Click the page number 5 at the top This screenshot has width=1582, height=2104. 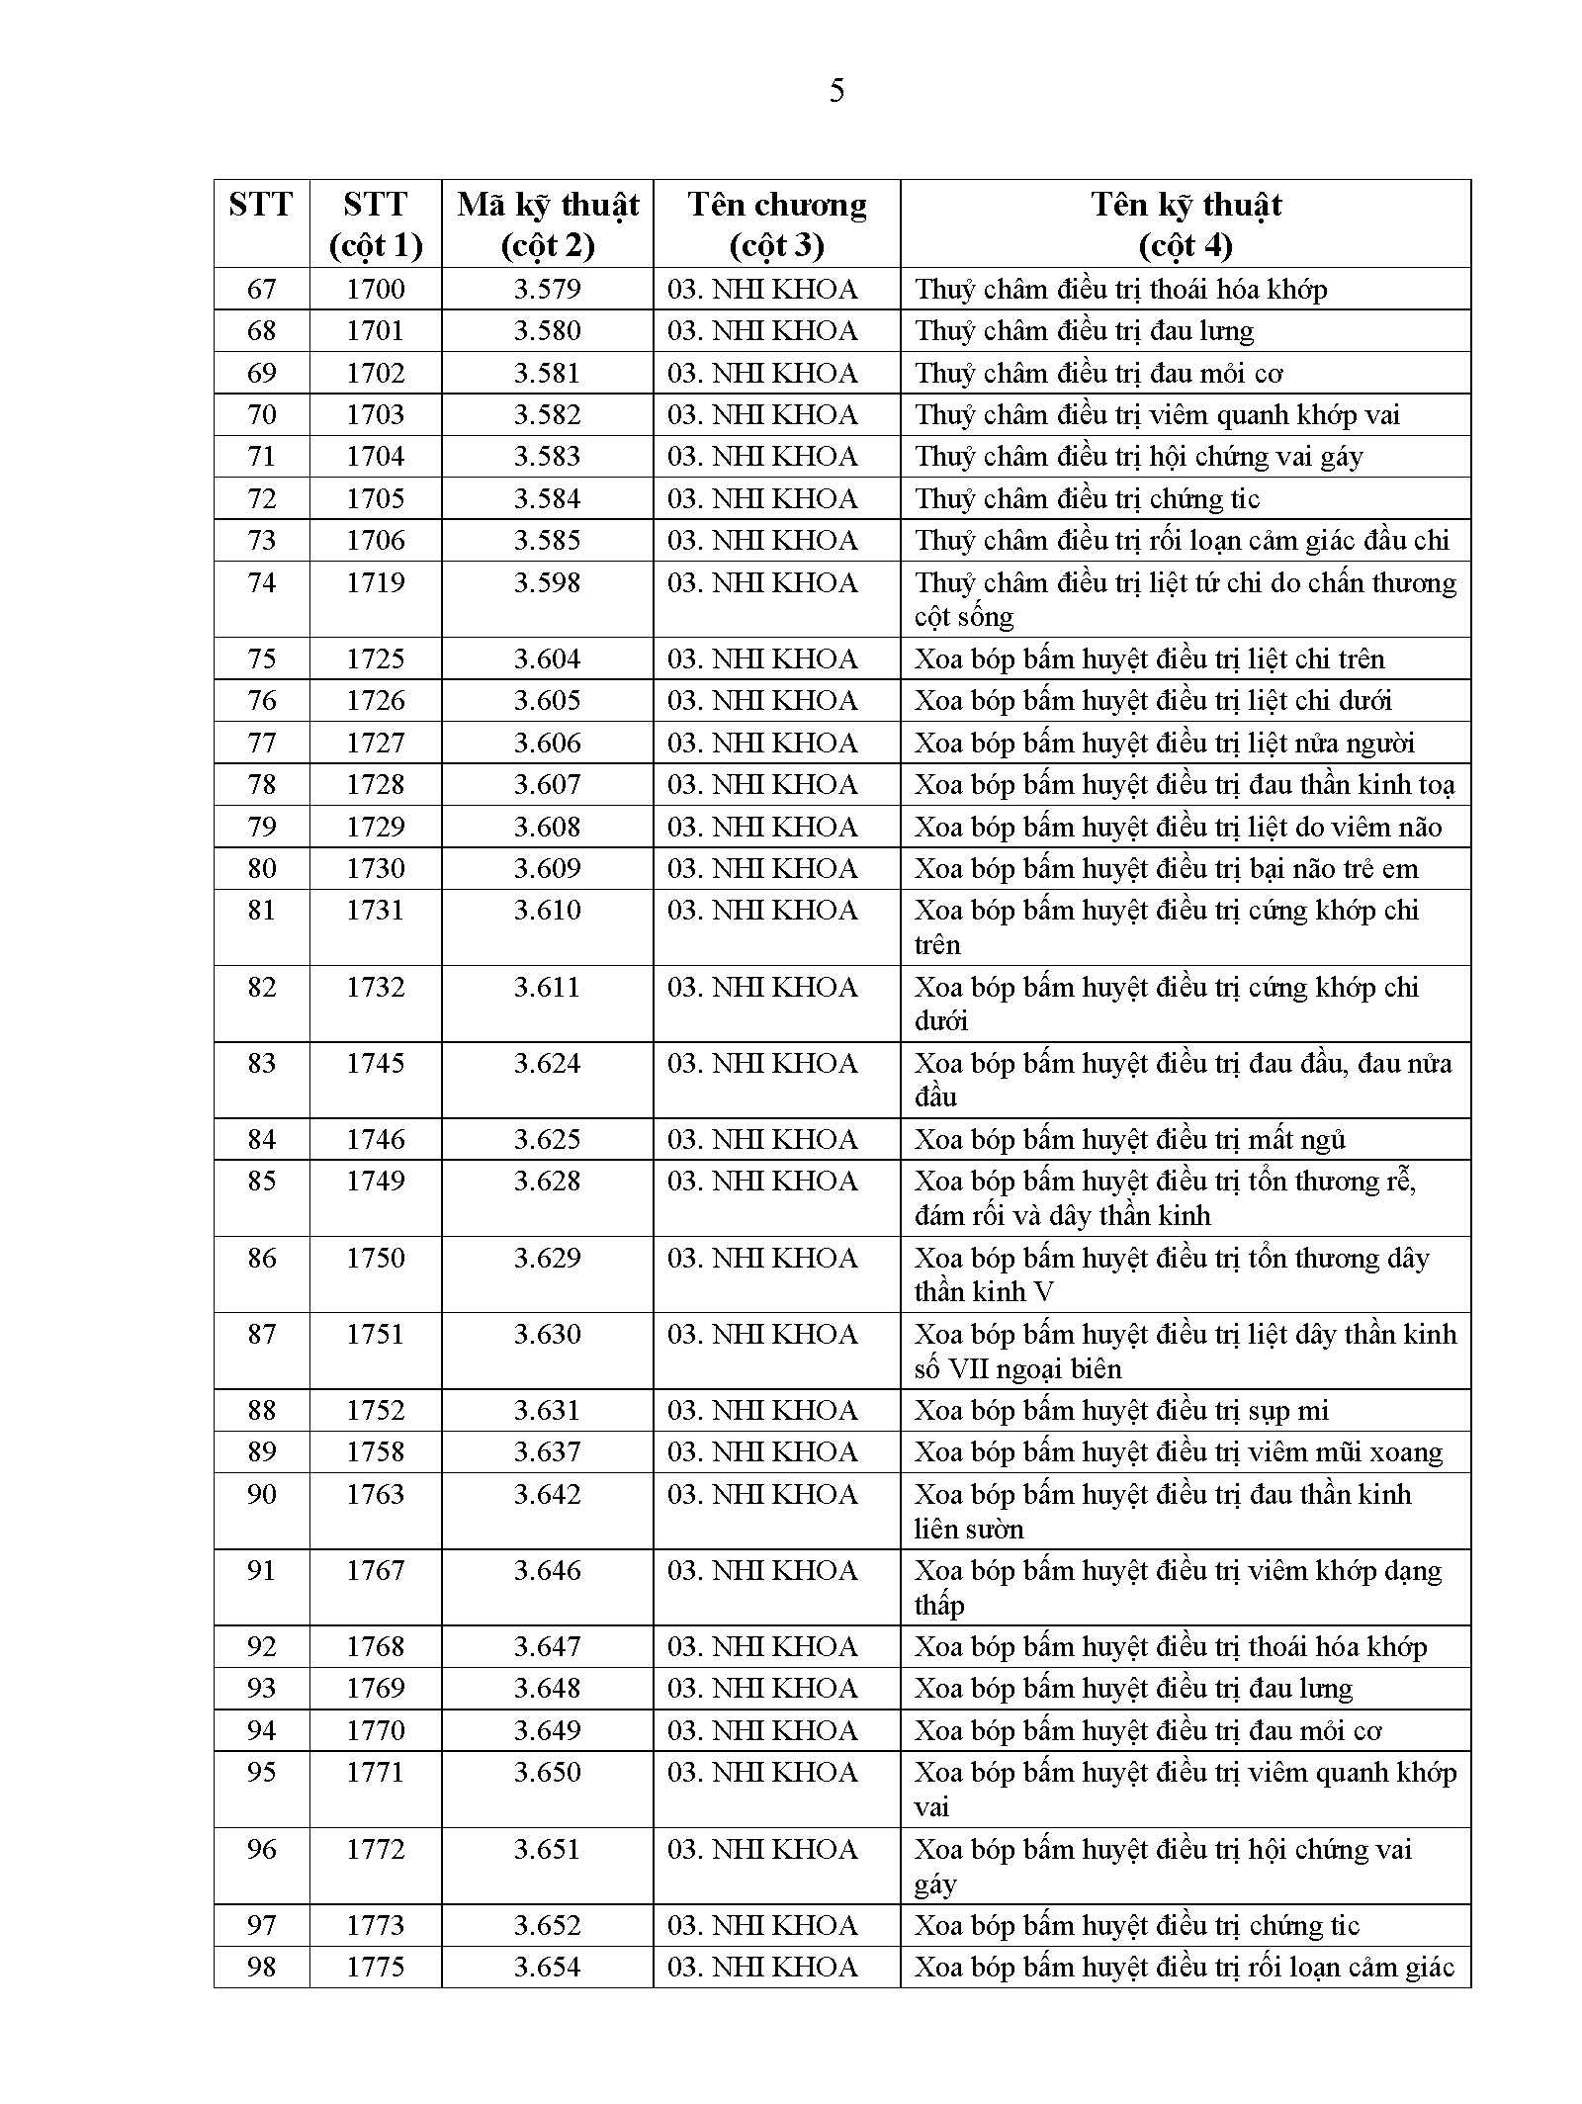[x=836, y=92]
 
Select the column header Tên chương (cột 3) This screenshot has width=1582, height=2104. [x=776, y=223]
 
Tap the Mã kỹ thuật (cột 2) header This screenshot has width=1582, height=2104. [x=548, y=223]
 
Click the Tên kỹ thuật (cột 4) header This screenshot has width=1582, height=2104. [x=1186, y=223]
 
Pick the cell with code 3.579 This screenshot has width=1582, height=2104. [x=547, y=289]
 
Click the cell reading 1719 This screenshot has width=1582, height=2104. [x=375, y=582]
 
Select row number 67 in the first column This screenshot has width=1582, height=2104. [x=261, y=289]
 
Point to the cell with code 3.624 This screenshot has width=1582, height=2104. [x=547, y=1063]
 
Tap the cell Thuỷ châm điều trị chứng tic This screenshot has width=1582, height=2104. [x=1087, y=498]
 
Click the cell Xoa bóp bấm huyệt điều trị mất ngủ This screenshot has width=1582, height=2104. [x=1129, y=1139]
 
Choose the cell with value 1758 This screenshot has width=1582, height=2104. [x=375, y=1451]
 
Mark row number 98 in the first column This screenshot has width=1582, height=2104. [x=261, y=1967]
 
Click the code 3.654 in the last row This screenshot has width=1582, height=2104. [x=547, y=1967]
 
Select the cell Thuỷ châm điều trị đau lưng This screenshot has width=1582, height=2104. [x=1084, y=330]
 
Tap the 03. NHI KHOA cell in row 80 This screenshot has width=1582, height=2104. [x=762, y=868]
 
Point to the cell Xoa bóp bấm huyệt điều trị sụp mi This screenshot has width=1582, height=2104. [x=1121, y=1410]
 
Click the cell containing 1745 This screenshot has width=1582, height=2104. [x=375, y=1063]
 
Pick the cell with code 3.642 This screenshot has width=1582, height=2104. [x=547, y=1494]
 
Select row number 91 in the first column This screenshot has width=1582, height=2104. [x=261, y=1570]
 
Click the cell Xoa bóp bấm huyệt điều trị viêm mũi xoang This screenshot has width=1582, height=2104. [x=1178, y=1451]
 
